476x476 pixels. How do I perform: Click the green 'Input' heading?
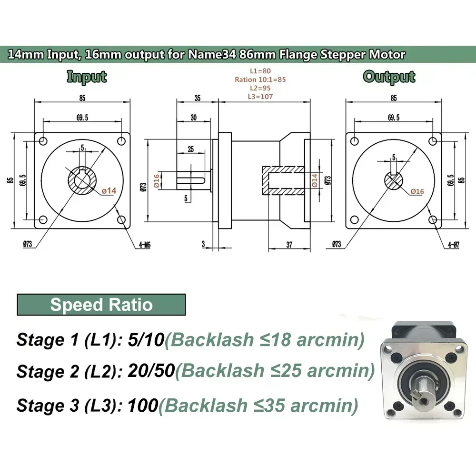pyautogui.click(x=86, y=77)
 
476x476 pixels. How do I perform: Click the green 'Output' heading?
pyautogui.click(x=389, y=77)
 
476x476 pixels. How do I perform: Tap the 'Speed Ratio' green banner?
pyautogui.click(x=101, y=305)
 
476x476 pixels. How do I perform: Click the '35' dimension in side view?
pyautogui.click(x=197, y=98)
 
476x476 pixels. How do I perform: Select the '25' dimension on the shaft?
pyautogui.click(x=190, y=149)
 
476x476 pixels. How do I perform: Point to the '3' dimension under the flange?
pyautogui.click(x=203, y=244)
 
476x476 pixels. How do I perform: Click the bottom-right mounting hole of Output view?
pyautogui.click(x=433, y=219)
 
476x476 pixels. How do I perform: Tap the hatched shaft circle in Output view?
pyautogui.click(x=394, y=180)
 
